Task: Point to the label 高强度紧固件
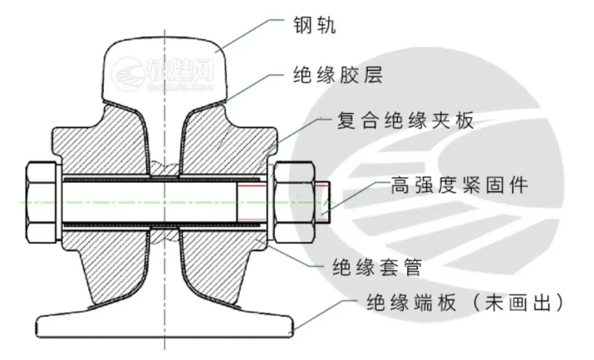[459, 185]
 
